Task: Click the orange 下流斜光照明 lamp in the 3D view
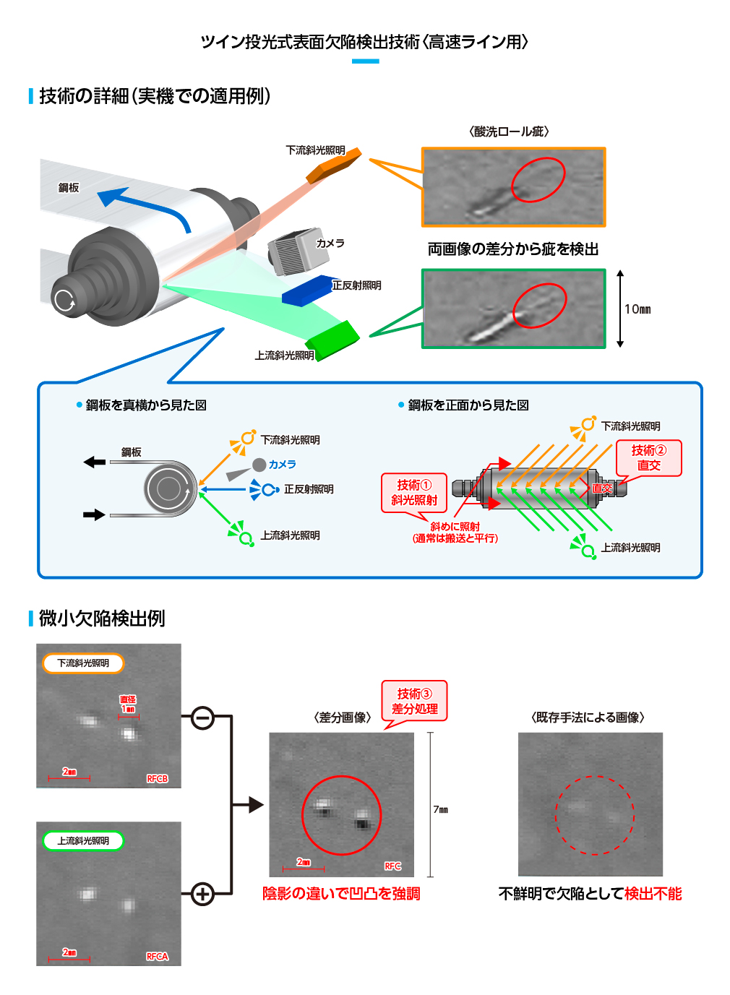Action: point(332,168)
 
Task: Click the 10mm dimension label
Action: point(637,309)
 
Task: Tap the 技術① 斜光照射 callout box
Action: point(414,493)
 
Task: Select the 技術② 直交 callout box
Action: point(648,458)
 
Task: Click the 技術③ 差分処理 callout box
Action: point(414,701)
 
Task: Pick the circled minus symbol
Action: point(203,718)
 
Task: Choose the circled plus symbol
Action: point(203,894)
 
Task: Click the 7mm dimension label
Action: point(440,810)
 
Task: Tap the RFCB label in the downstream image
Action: point(157,779)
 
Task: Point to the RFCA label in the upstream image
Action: point(157,957)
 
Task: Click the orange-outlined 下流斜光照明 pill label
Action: point(83,663)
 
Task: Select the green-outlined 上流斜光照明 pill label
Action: point(83,841)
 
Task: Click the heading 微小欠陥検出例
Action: point(102,619)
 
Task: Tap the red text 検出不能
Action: point(653,894)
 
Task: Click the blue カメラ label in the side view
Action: point(283,465)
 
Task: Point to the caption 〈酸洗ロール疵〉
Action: point(509,132)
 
